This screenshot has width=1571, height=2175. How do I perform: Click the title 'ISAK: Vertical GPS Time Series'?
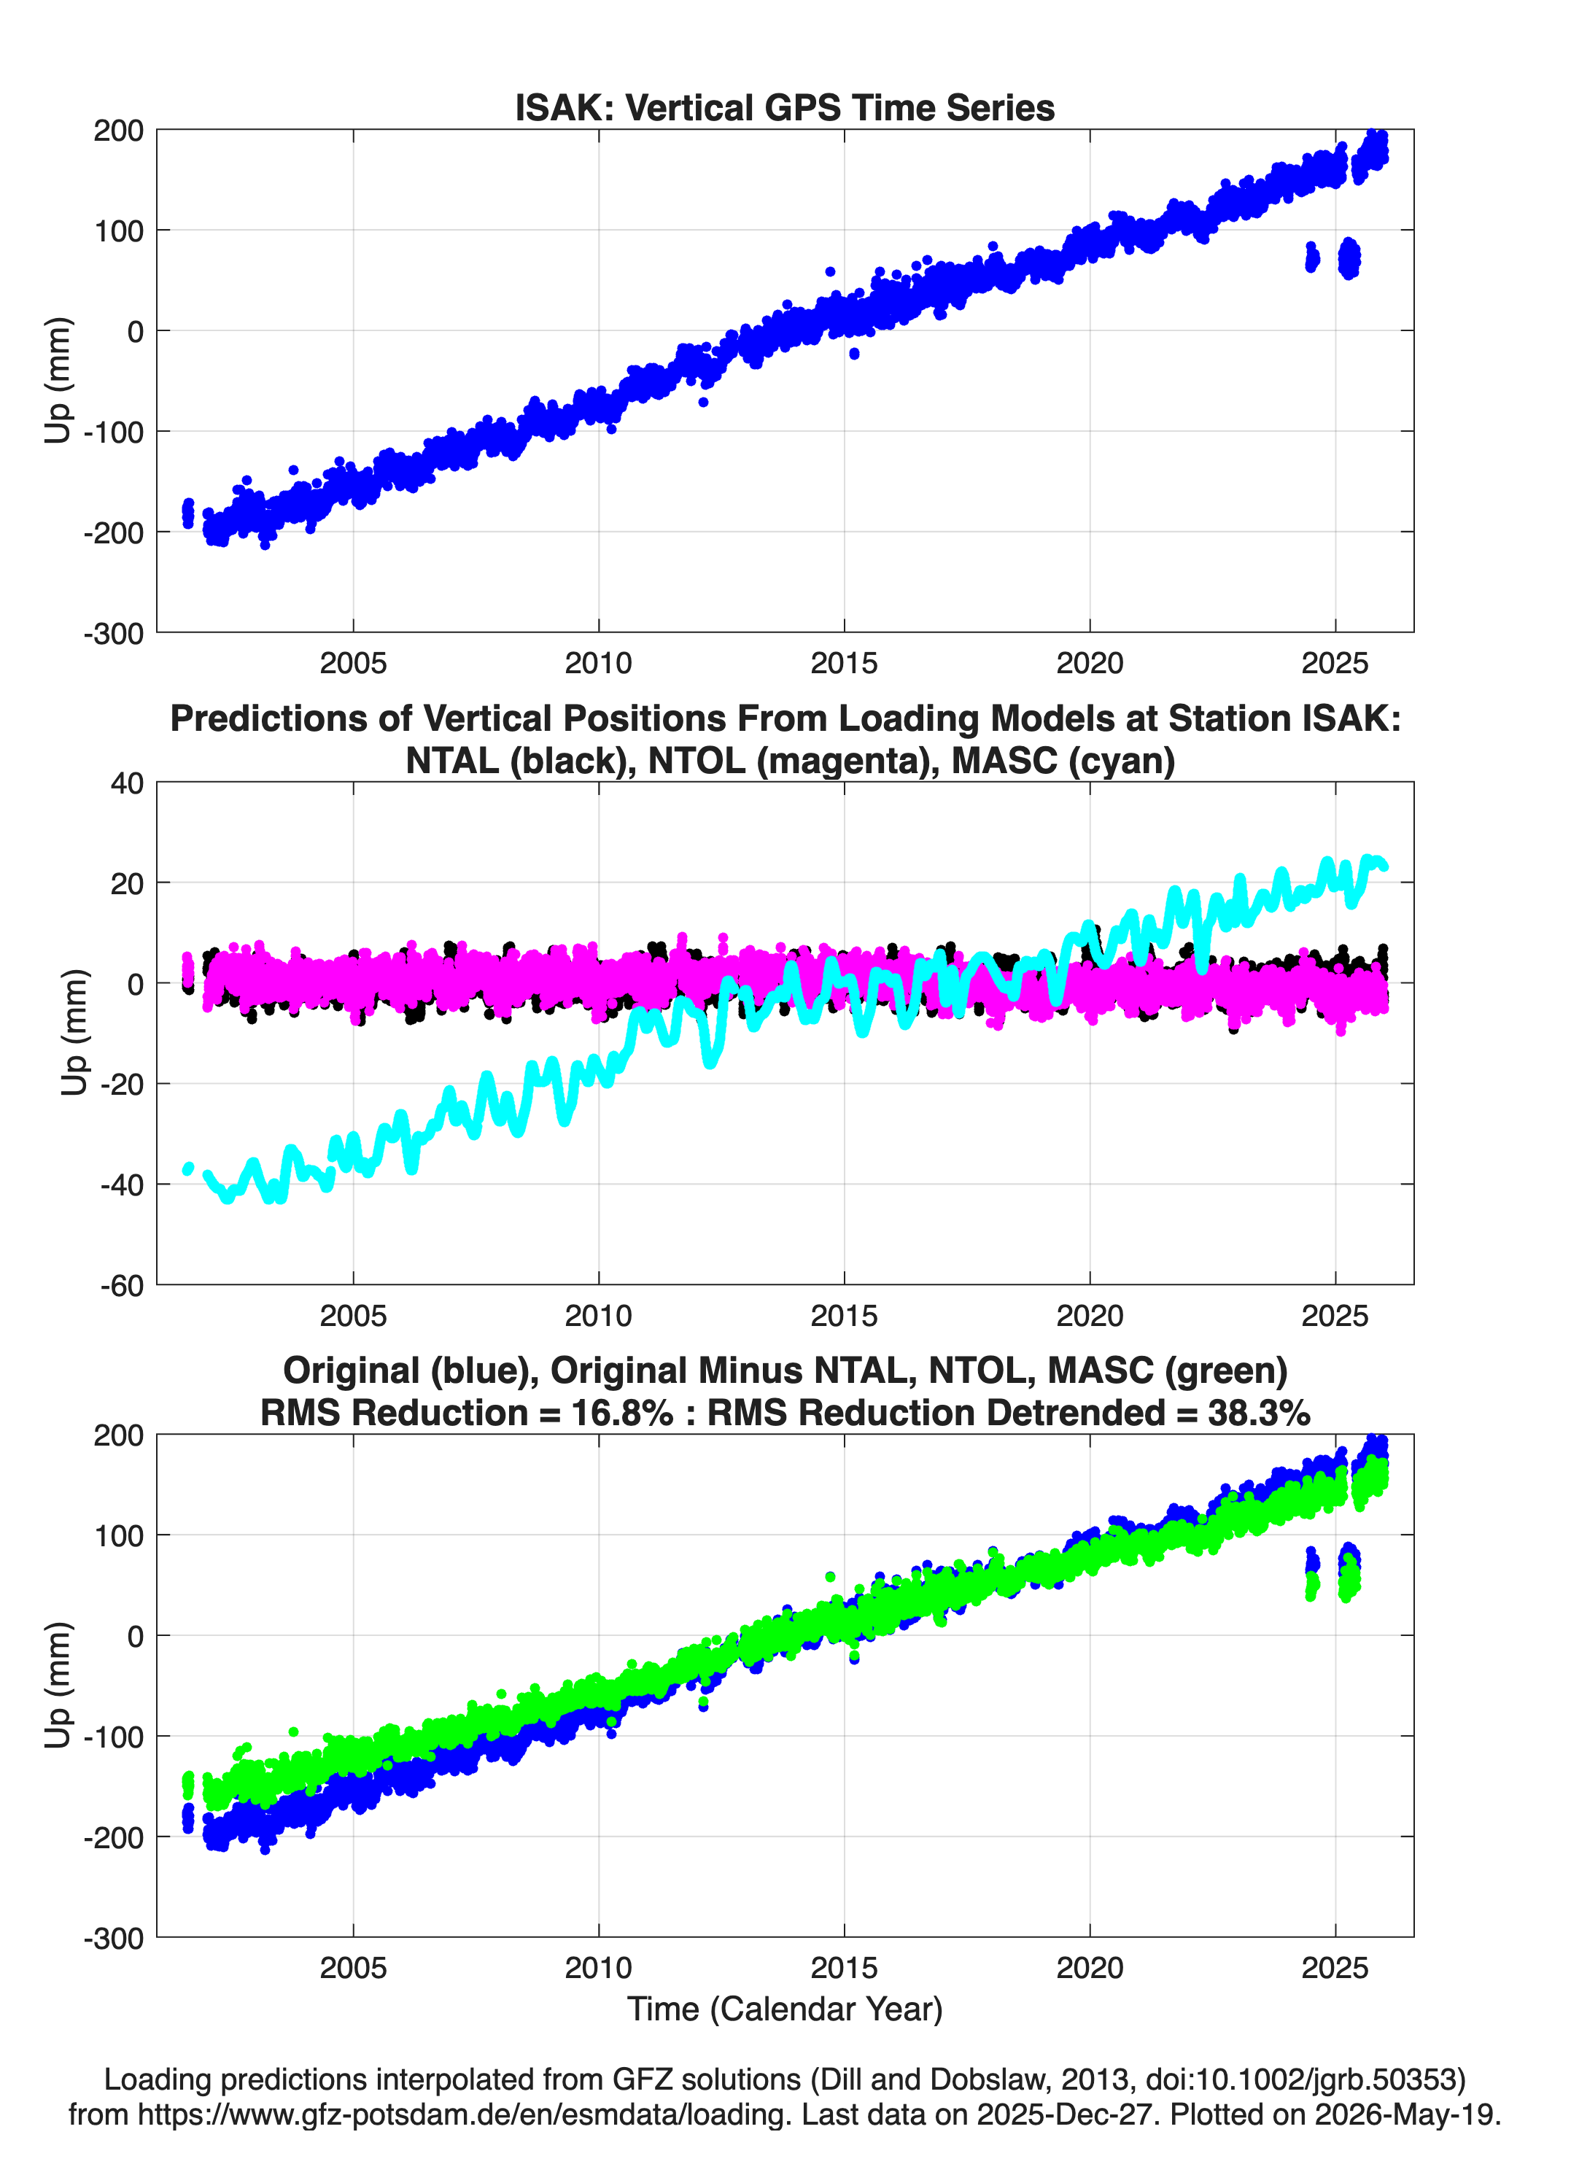[785, 107]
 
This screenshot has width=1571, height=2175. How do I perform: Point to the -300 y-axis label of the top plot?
[113, 634]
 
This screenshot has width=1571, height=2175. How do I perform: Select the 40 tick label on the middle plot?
[127, 783]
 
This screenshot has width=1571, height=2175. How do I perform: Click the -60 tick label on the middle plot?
[122, 1285]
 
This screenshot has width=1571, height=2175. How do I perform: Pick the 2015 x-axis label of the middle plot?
[844, 1315]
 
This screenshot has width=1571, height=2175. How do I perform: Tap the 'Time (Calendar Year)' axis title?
[785, 2009]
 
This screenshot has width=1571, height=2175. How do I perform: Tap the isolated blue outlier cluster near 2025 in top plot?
[1349, 258]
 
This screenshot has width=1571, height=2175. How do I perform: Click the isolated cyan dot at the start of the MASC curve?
[188, 1168]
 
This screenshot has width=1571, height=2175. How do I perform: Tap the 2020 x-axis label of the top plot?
[1090, 663]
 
